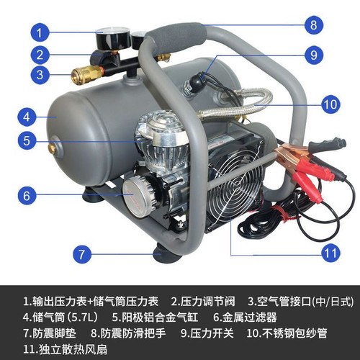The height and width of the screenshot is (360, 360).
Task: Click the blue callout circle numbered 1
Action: tap(41, 32)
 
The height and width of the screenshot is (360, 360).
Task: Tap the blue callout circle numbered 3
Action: tap(41, 73)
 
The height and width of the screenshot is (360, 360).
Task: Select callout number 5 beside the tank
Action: tap(26, 141)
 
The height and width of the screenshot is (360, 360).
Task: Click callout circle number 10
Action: tap(330, 104)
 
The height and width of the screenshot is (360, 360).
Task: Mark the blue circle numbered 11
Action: tap(330, 253)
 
